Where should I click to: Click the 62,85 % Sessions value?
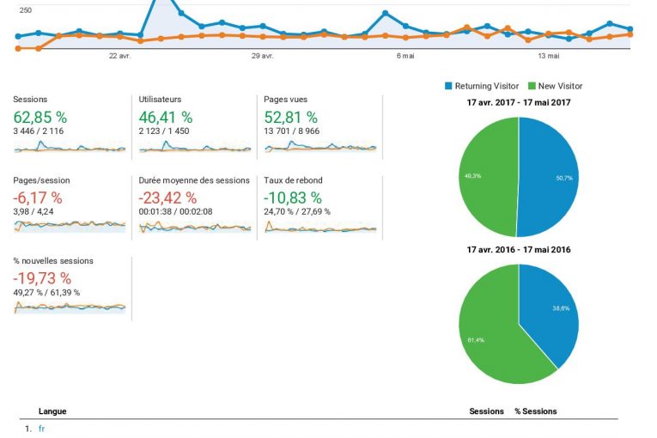click(x=40, y=117)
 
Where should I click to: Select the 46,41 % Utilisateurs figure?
click(x=166, y=117)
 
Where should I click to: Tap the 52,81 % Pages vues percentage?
click(x=291, y=117)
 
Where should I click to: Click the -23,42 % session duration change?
click(x=168, y=198)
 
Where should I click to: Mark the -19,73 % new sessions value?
click(x=42, y=278)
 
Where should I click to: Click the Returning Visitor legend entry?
click(x=481, y=86)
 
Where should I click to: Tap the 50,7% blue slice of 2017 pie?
click(x=550, y=177)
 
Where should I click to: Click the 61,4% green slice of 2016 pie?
click(x=494, y=335)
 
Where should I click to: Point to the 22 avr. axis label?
click(x=119, y=56)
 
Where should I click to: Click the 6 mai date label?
click(x=405, y=56)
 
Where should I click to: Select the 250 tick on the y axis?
click(x=26, y=10)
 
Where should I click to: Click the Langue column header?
click(x=52, y=411)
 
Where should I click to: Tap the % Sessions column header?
click(x=535, y=411)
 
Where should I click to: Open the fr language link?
click(x=41, y=429)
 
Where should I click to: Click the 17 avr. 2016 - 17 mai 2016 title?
click(x=519, y=250)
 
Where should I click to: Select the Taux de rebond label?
click(x=290, y=180)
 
